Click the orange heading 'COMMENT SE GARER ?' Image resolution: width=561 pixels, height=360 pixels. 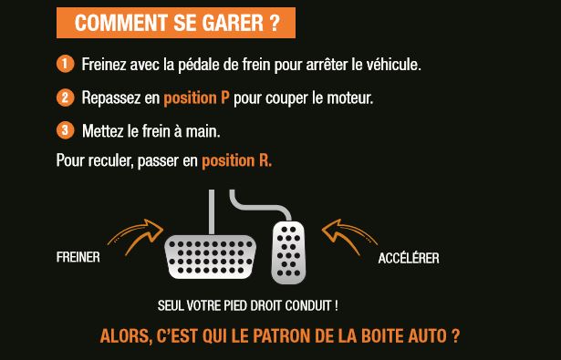click(x=176, y=24)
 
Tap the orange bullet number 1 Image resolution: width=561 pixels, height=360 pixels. click(x=65, y=65)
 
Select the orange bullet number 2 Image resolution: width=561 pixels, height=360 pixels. click(x=65, y=98)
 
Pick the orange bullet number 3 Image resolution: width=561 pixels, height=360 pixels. click(x=65, y=130)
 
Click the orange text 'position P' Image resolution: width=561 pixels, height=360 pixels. click(x=196, y=98)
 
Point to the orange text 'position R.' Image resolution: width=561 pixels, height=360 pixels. click(x=236, y=161)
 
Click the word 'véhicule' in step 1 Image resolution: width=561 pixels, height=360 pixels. click(x=392, y=66)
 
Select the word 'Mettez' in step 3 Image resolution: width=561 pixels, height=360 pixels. click(x=102, y=131)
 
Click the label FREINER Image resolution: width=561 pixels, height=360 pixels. click(x=78, y=258)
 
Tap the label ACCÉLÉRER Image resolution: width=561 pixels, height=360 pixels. click(x=409, y=259)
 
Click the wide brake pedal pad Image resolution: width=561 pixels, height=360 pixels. click(x=210, y=256)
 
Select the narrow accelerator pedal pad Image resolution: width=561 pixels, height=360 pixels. click(x=290, y=251)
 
